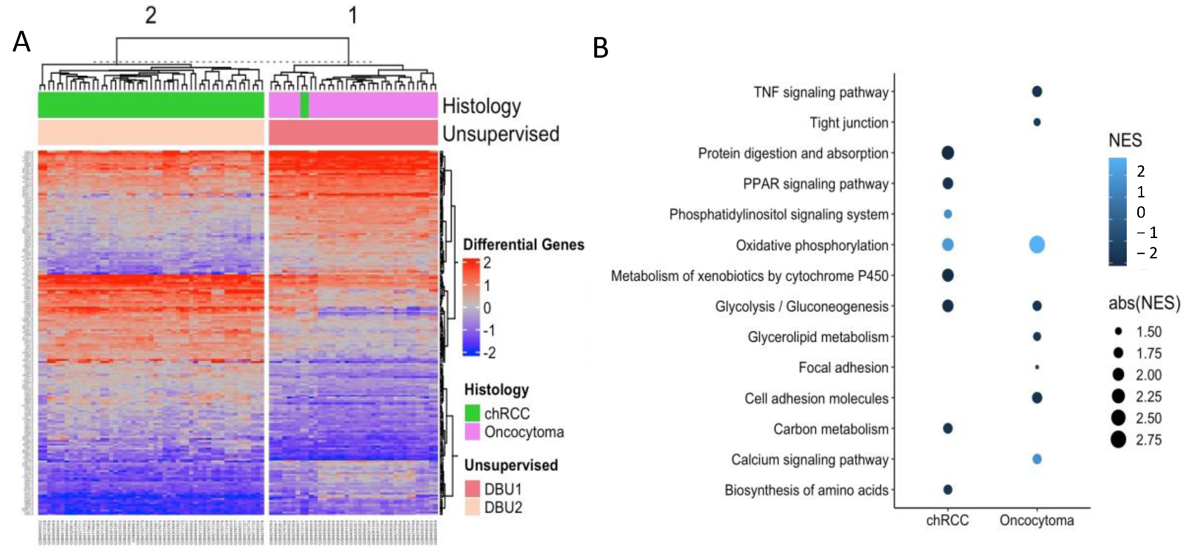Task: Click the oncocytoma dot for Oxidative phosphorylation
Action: tap(1037, 245)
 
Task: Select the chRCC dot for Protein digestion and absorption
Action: tap(947, 153)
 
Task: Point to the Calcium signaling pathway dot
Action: tap(1037, 459)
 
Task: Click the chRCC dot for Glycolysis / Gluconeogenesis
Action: tap(947, 306)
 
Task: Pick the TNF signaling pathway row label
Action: tap(821, 92)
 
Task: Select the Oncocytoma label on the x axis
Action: tap(1037, 521)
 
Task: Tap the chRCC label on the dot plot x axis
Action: tap(947, 521)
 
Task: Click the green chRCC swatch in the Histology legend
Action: tap(472, 413)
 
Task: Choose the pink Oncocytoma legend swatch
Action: tap(472, 432)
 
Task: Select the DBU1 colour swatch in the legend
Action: tap(472, 488)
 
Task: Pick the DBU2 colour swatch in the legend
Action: tap(472, 508)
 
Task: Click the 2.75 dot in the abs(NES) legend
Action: tap(1119, 439)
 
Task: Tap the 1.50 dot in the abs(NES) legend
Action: tap(1119, 331)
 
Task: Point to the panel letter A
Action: tap(21, 43)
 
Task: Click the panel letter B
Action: tap(600, 48)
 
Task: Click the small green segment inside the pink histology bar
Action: tap(304, 105)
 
